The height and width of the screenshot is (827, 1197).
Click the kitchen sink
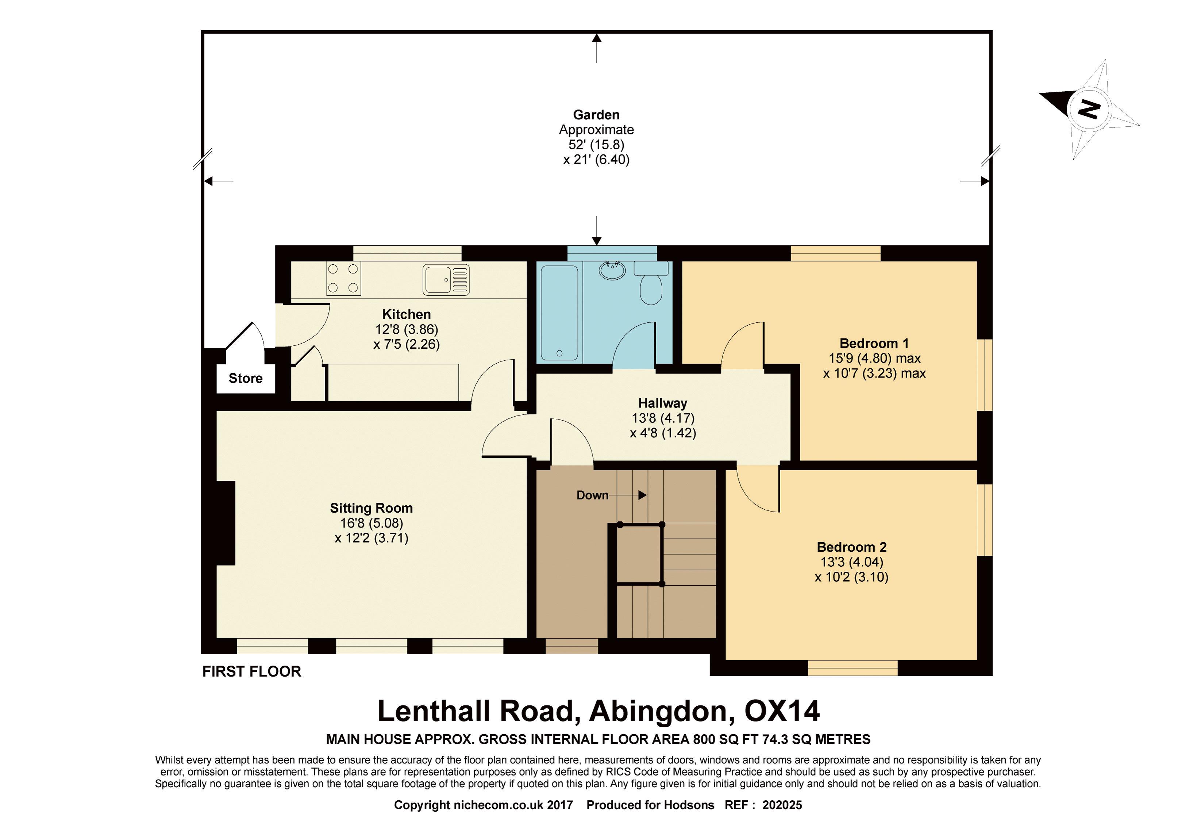pos(446,280)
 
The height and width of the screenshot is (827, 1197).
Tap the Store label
pos(246,378)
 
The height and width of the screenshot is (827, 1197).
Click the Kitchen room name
pos(407,314)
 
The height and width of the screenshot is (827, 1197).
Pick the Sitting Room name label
pos(372,508)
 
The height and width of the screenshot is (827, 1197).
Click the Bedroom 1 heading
pos(874,343)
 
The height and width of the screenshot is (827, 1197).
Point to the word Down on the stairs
pos(593,495)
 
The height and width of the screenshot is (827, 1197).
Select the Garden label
pos(596,115)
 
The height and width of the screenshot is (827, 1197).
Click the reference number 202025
pos(782,805)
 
